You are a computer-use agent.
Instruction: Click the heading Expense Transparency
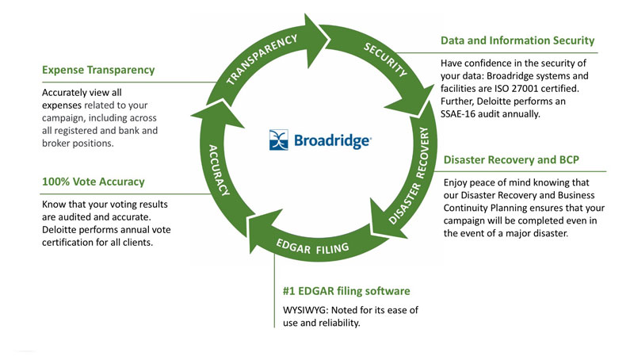[x=98, y=70]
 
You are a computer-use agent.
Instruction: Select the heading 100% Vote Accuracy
[x=92, y=182]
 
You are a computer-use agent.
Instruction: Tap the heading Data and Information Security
[x=518, y=40]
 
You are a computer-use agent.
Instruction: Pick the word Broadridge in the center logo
[x=332, y=141]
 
